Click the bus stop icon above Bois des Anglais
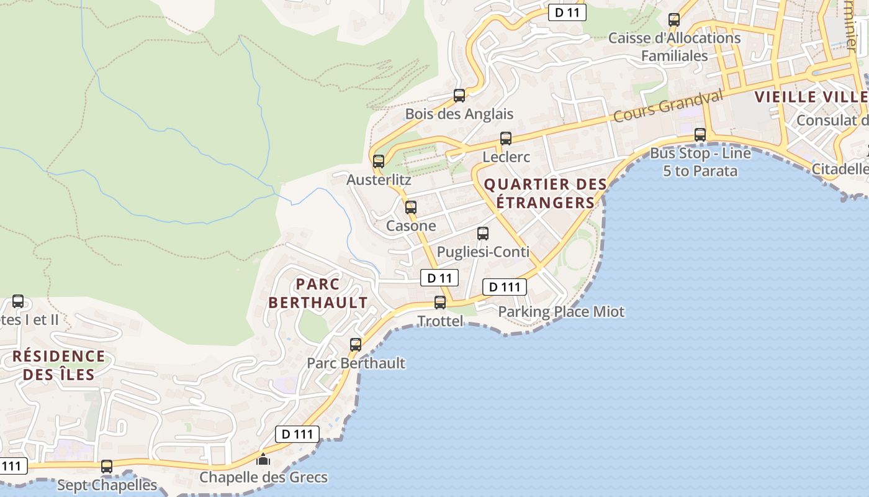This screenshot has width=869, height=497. coord(459,96)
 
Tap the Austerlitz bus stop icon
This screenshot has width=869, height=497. coord(379,162)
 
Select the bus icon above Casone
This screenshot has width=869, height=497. coord(411,207)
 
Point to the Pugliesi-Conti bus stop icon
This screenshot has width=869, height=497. coord(483,234)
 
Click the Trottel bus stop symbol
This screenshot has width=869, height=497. coord(440,303)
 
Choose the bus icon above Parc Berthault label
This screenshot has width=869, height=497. coord(356,344)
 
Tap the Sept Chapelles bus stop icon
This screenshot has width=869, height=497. coord(107,466)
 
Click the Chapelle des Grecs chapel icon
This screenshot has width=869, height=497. coord(263,460)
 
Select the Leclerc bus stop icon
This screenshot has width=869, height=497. coord(506,139)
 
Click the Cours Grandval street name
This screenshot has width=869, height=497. coord(668,106)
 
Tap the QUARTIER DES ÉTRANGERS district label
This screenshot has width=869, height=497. coord(545,193)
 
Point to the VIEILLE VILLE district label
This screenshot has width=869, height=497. coord(811,97)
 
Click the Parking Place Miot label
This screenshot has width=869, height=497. coord(561,311)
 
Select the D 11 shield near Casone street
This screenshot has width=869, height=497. coord(439,278)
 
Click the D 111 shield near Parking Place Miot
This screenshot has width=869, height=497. coord(505,286)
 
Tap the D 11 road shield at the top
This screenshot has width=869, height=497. coord(567,12)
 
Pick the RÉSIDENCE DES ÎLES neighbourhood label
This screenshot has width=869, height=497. coord(59,365)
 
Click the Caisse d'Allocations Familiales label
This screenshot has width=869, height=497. coord(674,47)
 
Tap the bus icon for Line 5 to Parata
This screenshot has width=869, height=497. coord(700,134)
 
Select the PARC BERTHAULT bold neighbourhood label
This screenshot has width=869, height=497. coord(318,293)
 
